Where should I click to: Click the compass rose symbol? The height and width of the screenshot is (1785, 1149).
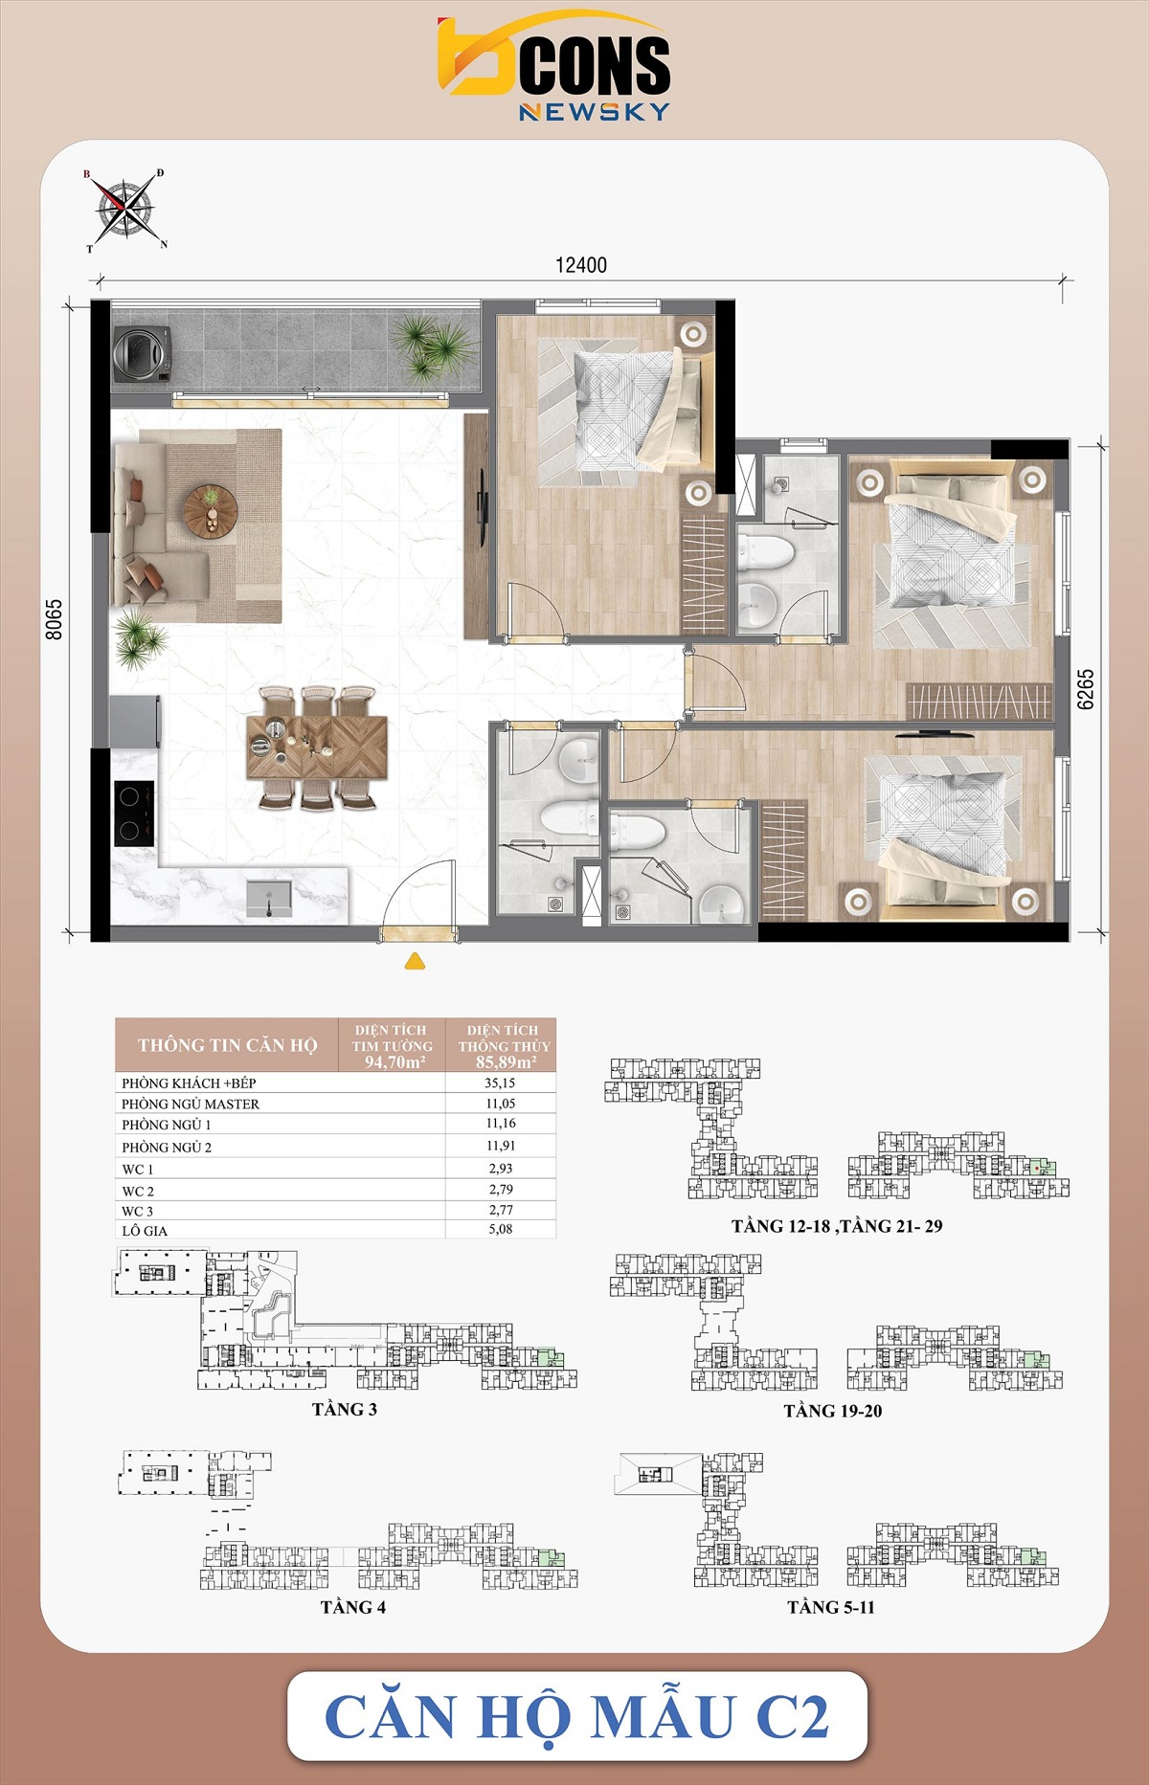click(124, 210)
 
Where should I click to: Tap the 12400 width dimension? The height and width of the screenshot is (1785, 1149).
click(581, 265)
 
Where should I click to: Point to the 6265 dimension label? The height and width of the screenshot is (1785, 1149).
click(1085, 688)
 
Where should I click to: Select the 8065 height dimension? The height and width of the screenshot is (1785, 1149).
click(55, 619)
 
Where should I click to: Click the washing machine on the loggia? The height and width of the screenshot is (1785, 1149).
click(142, 354)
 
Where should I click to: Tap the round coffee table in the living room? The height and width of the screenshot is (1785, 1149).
click(210, 508)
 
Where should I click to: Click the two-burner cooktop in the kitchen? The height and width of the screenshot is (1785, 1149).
click(134, 813)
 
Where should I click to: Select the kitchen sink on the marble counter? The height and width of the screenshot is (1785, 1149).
click(269, 899)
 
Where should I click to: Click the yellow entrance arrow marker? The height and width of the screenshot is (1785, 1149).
click(415, 961)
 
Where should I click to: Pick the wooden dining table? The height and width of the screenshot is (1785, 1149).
click(317, 747)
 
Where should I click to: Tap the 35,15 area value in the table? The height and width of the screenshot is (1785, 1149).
click(500, 1082)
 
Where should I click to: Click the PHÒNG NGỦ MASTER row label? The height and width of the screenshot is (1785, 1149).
click(191, 1104)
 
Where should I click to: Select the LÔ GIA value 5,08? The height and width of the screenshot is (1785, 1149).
click(500, 1229)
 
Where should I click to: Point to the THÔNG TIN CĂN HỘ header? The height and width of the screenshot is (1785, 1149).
click(227, 1045)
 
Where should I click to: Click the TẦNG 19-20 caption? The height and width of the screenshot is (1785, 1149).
click(832, 1411)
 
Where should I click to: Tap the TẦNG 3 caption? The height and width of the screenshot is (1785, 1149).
click(345, 1409)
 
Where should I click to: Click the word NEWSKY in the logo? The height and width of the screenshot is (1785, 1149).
click(594, 112)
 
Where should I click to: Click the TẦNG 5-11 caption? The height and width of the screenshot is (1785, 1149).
click(831, 1607)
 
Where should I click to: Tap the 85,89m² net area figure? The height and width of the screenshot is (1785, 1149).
click(505, 1061)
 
